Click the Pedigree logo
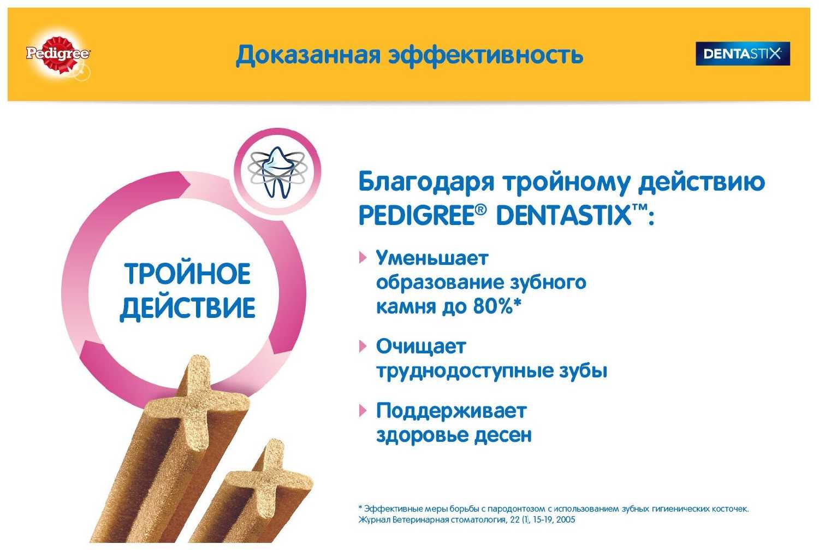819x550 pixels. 58,55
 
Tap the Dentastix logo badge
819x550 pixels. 743,54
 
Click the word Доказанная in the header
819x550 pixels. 308,56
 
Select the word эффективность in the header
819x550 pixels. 485,56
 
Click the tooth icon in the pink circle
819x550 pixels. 277,173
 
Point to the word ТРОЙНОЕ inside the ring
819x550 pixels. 188,274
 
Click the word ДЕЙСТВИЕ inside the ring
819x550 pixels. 188,307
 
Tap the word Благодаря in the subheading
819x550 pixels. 426,182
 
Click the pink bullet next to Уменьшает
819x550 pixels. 363,258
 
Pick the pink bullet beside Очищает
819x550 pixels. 363,346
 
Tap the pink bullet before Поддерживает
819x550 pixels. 363,411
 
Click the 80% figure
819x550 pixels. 493,306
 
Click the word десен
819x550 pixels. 503,435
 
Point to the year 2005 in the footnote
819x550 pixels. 565,519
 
